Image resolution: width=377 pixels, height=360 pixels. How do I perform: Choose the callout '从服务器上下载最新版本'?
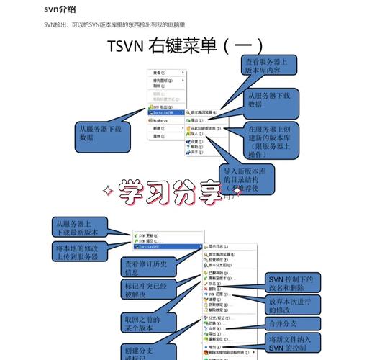click(x=81, y=228)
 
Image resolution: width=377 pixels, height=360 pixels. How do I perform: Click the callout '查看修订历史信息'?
click(x=147, y=268)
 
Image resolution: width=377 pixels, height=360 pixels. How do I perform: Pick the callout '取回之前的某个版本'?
click(x=147, y=323)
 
